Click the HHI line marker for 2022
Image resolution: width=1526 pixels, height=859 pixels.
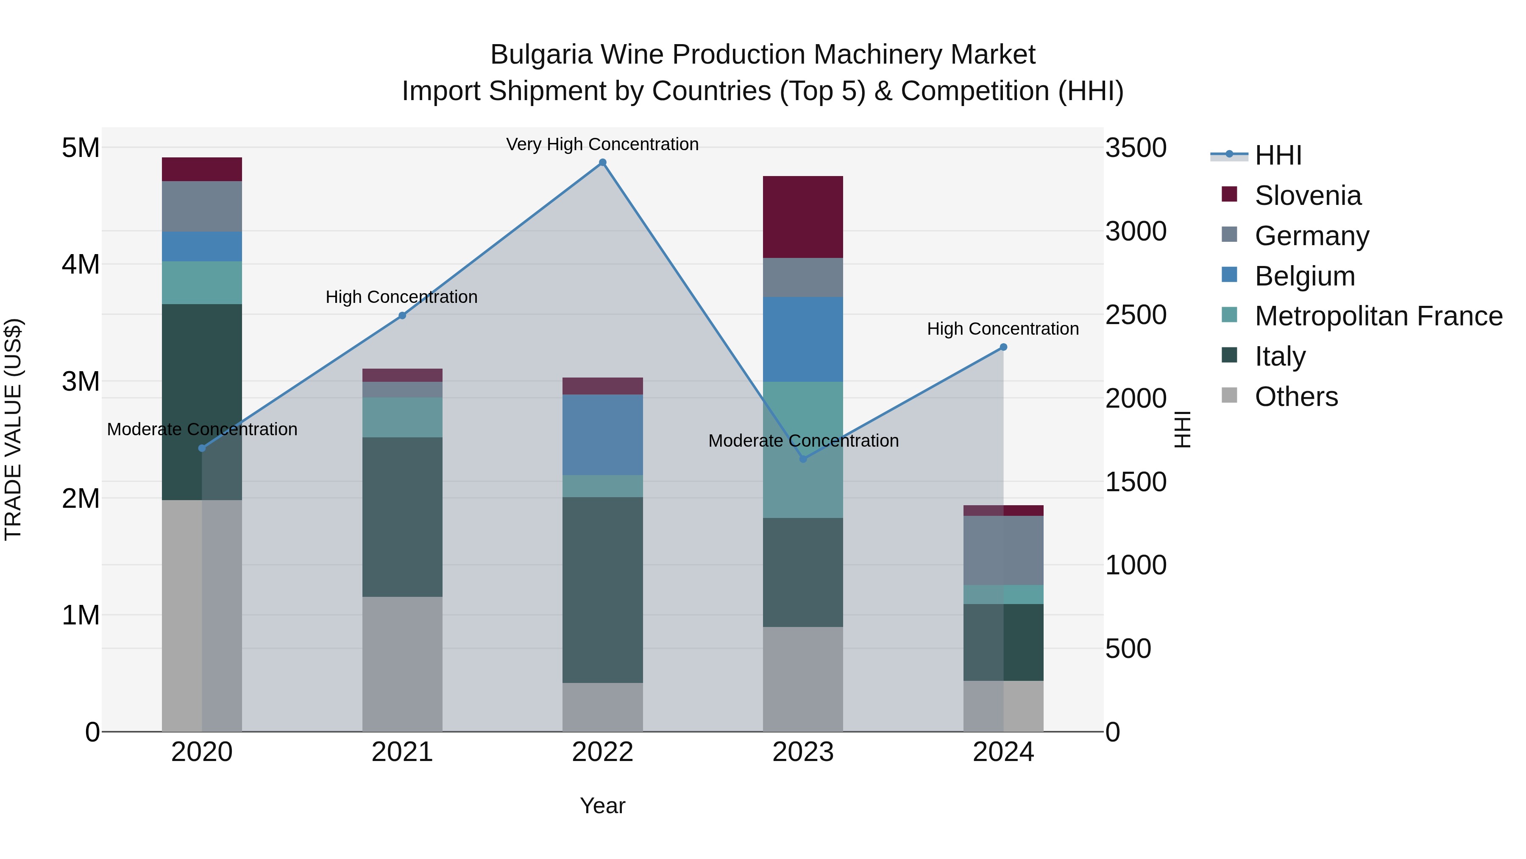point(602,162)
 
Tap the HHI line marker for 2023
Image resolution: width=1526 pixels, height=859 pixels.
point(803,459)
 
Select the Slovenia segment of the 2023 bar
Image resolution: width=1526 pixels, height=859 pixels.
point(803,217)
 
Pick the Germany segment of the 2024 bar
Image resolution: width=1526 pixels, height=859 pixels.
point(1003,550)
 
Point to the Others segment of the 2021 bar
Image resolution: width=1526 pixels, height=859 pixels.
point(402,664)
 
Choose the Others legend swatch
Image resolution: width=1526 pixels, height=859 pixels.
point(1229,395)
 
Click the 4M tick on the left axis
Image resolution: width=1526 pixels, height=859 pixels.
point(81,264)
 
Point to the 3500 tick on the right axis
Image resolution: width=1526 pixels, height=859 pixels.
point(1136,148)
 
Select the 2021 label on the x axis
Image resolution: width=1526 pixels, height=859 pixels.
point(402,752)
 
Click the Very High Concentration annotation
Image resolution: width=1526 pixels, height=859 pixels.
point(602,144)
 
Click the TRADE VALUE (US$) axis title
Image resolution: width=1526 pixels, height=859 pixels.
point(13,429)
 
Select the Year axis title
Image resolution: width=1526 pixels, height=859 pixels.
point(602,806)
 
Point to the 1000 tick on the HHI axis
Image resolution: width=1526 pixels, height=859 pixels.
point(1136,565)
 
